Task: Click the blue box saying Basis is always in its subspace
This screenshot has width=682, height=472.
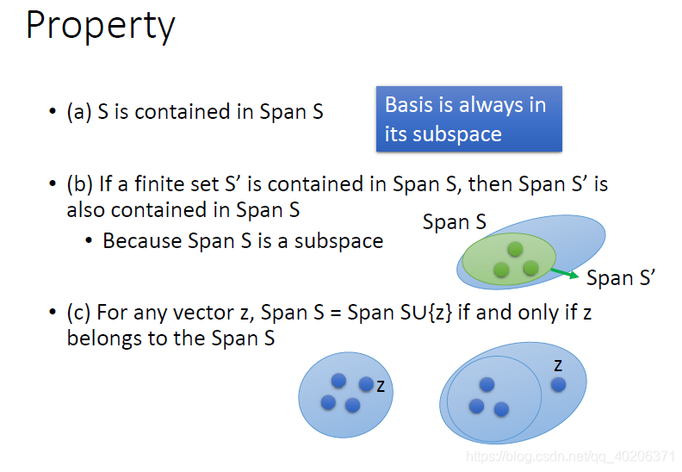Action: click(x=468, y=119)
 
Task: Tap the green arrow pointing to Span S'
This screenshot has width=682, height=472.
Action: click(x=565, y=273)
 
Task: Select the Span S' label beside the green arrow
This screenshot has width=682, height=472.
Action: click(x=621, y=278)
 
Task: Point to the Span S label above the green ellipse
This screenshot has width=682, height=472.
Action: click(x=455, y=222)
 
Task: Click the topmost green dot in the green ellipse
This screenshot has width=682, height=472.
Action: click(x=515, y=249)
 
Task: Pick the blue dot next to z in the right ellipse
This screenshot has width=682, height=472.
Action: click(x=559, y=384)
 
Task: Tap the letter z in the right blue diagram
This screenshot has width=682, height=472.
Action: click(x=558, y=366)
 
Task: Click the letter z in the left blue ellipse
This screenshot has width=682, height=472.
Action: click(x=381, y=387)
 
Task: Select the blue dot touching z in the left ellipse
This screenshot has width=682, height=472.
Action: click(x=366, y=384)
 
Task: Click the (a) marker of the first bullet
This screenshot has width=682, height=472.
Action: click(x=79, y=112)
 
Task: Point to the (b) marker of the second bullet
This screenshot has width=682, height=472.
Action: click(x=80, y=184)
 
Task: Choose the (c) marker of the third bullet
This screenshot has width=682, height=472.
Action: click(x=79, y=313)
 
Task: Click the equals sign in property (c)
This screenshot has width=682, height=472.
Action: click(x=335, y=314)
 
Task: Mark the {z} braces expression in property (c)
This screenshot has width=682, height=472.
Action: click(x=440, y=313)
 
